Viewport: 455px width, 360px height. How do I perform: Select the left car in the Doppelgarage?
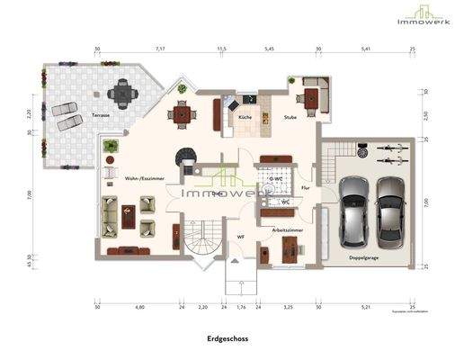[x=353, y=211]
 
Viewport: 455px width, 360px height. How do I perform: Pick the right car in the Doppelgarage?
[x=392, y=211]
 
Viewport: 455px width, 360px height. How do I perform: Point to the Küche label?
[x=245, y=118]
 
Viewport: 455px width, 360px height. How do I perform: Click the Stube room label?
[x=290, y=118]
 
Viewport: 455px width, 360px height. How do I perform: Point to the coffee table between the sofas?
[x=125, y=214]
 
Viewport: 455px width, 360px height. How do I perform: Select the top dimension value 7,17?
[x=159, y=50]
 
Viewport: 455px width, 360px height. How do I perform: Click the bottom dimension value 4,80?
[x=139, y=307]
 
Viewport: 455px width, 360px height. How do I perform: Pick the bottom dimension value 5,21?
[x=366, y=307]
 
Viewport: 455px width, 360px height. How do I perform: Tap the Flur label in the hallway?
[x=305, y=187]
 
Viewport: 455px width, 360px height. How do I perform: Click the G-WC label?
[x=279, y=179]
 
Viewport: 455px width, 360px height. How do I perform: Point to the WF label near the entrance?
[x=240, y=237]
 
